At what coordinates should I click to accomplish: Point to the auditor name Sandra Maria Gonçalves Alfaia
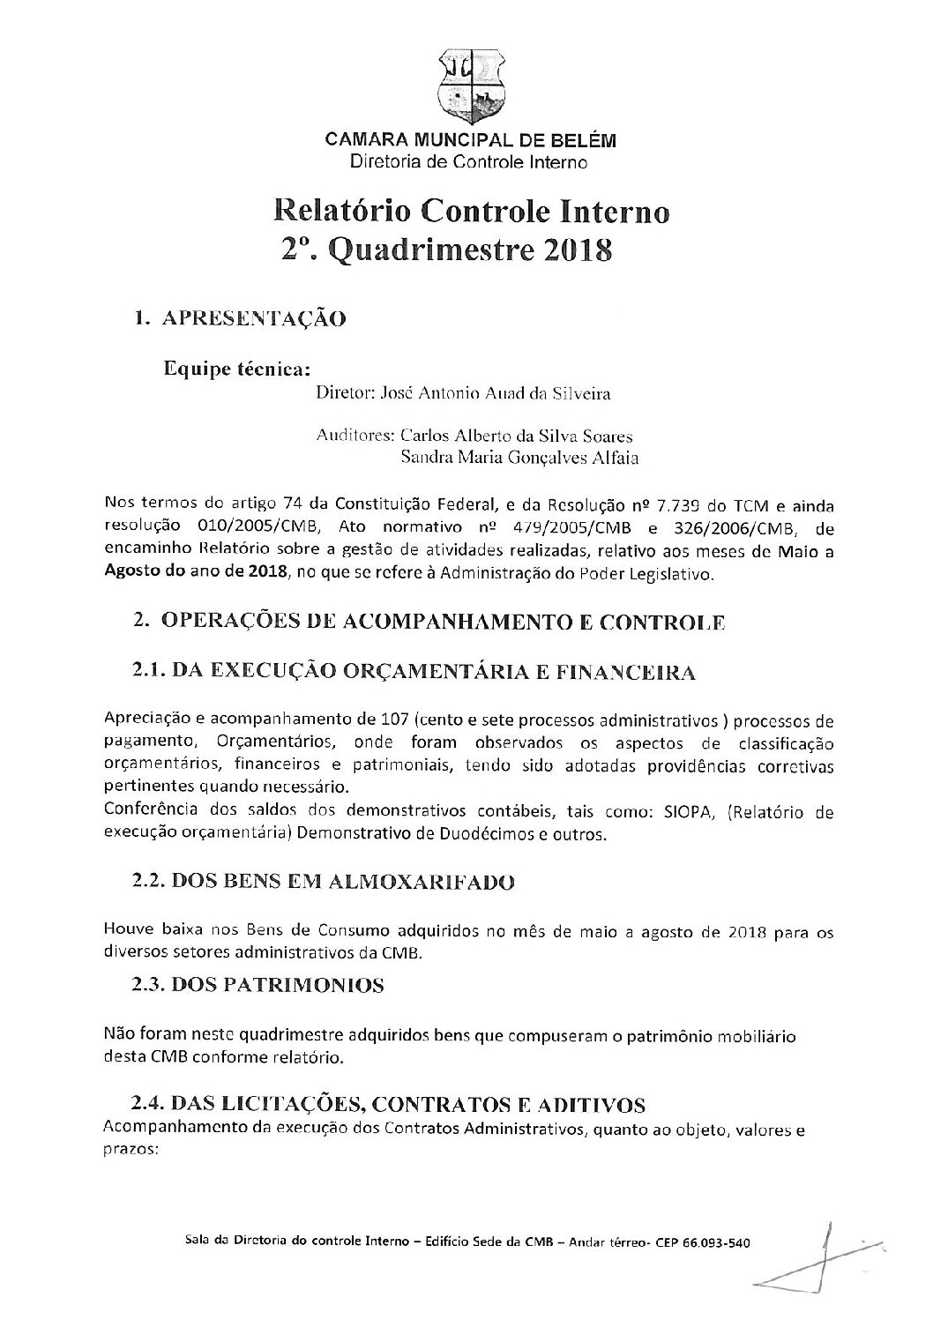[519, 458]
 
